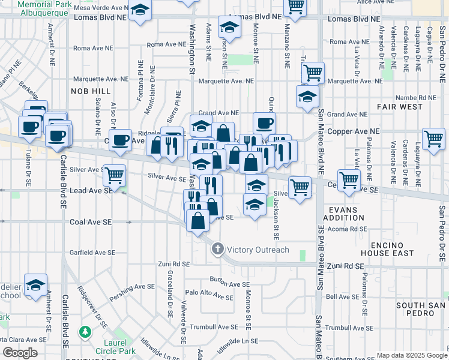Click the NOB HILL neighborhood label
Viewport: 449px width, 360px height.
coord(91,91)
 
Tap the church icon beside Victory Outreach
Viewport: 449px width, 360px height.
coord(217,248)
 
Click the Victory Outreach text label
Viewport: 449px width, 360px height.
coord(258,250)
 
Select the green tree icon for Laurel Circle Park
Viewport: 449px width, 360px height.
coord(85,331)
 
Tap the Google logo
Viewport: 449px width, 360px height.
coord(20,353)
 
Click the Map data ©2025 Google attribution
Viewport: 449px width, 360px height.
coord(411,355)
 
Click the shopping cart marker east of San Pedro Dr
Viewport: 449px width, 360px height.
coord(433,139)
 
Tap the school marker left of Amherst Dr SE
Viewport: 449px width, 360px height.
coord(35,284)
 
